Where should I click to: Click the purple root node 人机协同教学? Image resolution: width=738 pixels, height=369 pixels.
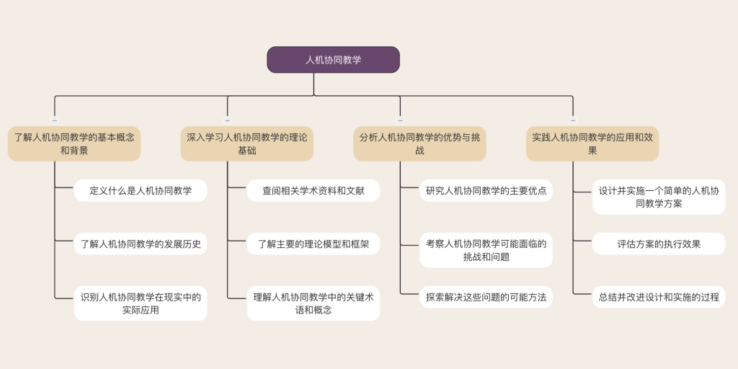pyautogui.click(x=333, y=60)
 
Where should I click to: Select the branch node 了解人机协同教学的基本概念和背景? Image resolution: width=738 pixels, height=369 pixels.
pyautogui.click(x=74, y=143)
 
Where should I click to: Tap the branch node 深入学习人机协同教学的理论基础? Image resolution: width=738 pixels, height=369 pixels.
pyautogui.click(x=247, y=143)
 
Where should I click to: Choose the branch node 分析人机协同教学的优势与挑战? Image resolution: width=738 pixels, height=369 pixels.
pyautogui.click(x=420, y=143)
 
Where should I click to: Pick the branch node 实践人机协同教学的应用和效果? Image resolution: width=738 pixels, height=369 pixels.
pyautogui.click(x=592, y=143)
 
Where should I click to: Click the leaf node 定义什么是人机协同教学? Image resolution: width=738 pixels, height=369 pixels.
pyautogui.click(x=141, y=190)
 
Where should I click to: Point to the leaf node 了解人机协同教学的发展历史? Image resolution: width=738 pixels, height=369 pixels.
pyautogui.click(x=141, y=244)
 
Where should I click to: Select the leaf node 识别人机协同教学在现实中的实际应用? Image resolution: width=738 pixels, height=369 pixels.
pyautogui.click(x=141, y=303)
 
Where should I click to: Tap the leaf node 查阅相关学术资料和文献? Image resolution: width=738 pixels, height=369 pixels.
pyautogui.click(x=314, y=190)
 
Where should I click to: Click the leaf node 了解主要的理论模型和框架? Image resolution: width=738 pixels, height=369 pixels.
pyautogui.click(x=314, y=244)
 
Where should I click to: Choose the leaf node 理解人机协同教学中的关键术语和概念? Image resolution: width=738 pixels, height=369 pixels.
pyautogui.click(x=314, y=303)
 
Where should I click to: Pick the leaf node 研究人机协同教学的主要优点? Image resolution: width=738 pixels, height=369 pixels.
pyautogui.click(x=486, y=190)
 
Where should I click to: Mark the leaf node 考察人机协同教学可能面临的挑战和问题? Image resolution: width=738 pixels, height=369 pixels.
pyautogui.click(x=486, y=250)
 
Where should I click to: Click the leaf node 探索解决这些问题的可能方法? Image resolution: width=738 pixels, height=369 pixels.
pyautogui.click(x=486, y=297)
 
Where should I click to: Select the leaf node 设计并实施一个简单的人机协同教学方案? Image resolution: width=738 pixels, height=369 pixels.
pyautogui.click(x=659, y=197)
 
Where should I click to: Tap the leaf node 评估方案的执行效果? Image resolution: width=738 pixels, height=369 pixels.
pyautogui.click(x=659, y=244)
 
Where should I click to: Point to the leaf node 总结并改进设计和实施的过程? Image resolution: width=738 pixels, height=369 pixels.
pyautogui.click(x=659, y=297)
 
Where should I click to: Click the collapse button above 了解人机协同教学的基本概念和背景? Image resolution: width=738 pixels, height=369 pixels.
pyautogui.click(x=55, y=120)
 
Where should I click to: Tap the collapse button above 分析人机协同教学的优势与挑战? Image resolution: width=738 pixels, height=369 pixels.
pyautogui.click(x=400, y=120)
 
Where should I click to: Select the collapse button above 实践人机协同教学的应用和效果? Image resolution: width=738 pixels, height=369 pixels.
pyautogui.click(x=573, y=120)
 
